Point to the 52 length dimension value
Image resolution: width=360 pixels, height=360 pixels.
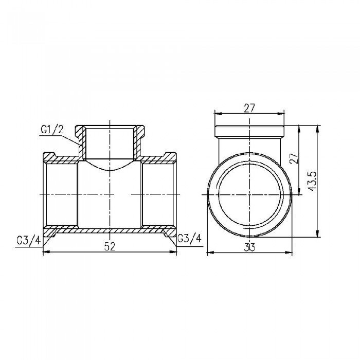109,246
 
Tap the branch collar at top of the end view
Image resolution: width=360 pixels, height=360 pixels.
250,129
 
